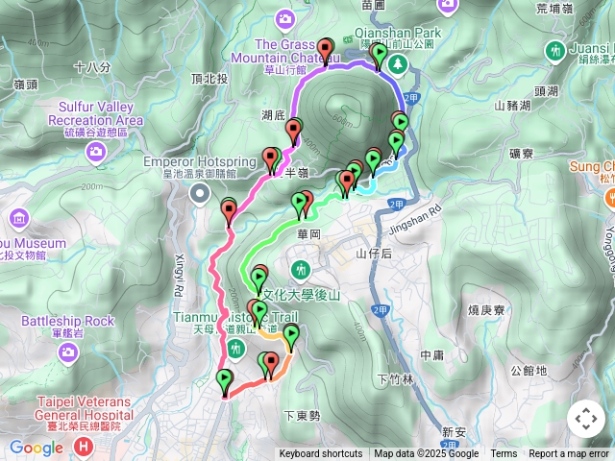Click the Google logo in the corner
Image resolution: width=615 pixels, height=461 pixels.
tap(37, 448)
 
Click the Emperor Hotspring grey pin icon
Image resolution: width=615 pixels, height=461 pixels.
tap(200, 195)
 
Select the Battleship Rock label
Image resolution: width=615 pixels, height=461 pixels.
tap(68, 321)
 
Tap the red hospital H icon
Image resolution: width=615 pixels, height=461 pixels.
tap(84, 447)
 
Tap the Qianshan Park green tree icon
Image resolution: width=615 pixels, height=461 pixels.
tap(397, 62)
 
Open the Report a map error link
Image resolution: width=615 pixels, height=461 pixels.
tap(569, 454)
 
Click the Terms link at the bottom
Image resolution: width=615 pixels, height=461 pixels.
tap(504, 454)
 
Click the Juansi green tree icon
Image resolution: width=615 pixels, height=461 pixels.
tap(554, 50)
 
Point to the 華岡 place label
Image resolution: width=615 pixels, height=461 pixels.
tap(308, 232)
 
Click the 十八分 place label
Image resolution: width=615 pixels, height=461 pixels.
tap(91, 67)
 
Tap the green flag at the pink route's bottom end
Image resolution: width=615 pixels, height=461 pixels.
tap(225, 379)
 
